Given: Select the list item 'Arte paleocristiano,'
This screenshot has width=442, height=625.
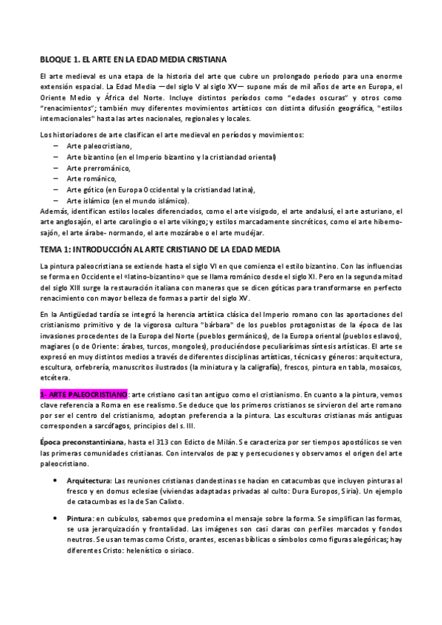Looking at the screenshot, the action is click(x=91, y=147).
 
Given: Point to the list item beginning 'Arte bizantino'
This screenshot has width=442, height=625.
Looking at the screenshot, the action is click(x=170, y=158).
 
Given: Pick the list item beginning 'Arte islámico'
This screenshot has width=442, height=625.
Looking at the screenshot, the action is click(x=127, y=200).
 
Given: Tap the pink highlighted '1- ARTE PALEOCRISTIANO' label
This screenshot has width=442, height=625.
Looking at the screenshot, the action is click(x=83, y=396).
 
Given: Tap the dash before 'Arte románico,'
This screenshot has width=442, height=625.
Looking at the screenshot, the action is click(x=57, y=178).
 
